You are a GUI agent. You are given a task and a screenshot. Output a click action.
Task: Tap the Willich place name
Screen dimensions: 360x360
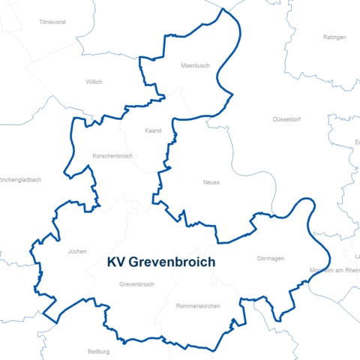94,82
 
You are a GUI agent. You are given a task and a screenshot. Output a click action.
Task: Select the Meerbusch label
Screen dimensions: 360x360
195,65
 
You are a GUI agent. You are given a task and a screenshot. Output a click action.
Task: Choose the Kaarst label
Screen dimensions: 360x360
154,130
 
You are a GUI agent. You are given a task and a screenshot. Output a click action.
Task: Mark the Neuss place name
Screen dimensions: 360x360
211,182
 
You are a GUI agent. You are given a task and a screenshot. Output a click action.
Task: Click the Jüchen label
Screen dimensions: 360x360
77,251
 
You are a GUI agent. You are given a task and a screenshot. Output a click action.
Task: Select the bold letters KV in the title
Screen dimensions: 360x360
116,262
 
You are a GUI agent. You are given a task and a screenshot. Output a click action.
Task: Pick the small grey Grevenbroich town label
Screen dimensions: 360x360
136,284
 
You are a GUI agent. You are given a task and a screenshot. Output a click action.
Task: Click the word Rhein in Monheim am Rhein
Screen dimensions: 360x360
350,270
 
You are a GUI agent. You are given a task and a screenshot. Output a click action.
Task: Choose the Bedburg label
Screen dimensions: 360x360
98,350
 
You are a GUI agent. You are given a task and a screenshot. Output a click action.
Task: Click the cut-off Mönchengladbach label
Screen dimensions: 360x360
20,180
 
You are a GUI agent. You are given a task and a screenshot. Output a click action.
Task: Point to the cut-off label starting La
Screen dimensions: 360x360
357,257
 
